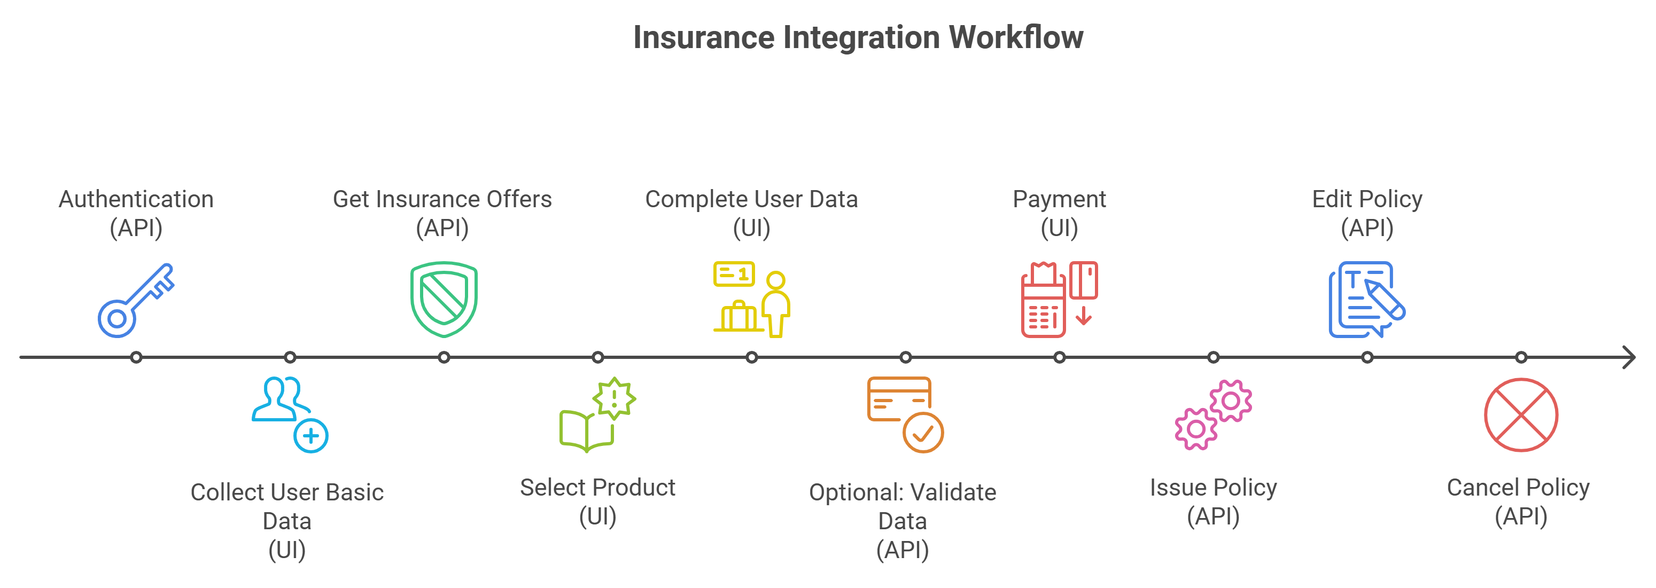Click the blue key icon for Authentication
tap(136, 300)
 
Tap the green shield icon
tap(444, 299)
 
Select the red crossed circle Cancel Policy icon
tap(1520, 414)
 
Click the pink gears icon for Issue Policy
tap(1213, 414)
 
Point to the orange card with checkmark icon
tap(905, 414)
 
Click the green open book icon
tap(597, 414)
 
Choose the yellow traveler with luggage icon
tap(751, 300)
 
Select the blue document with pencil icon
tap(1367, 300)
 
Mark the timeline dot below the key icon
tap(136, 357)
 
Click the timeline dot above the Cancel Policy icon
tap(1521, 357)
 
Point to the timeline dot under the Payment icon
tap(1060, 357)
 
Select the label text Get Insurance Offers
tap(442, 199)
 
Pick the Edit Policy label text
tap(1367, 199)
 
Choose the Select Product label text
tap(597, 488)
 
